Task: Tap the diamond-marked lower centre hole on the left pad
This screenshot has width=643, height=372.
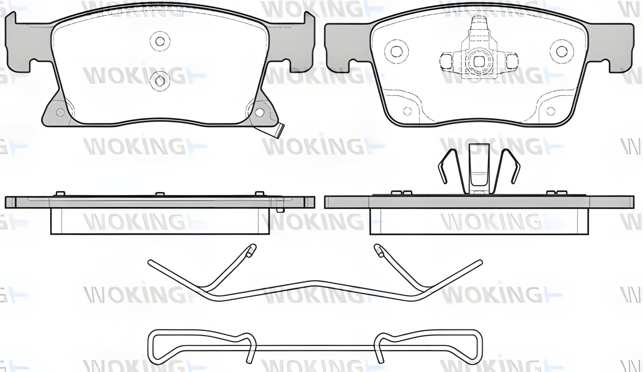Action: (x=159, y=81)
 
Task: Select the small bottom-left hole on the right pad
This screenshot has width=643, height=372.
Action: (x=407, y=111)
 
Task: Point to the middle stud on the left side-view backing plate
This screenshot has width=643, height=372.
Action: (x=160, y=194)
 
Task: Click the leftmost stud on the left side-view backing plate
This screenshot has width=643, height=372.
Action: (x=59, y=194)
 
